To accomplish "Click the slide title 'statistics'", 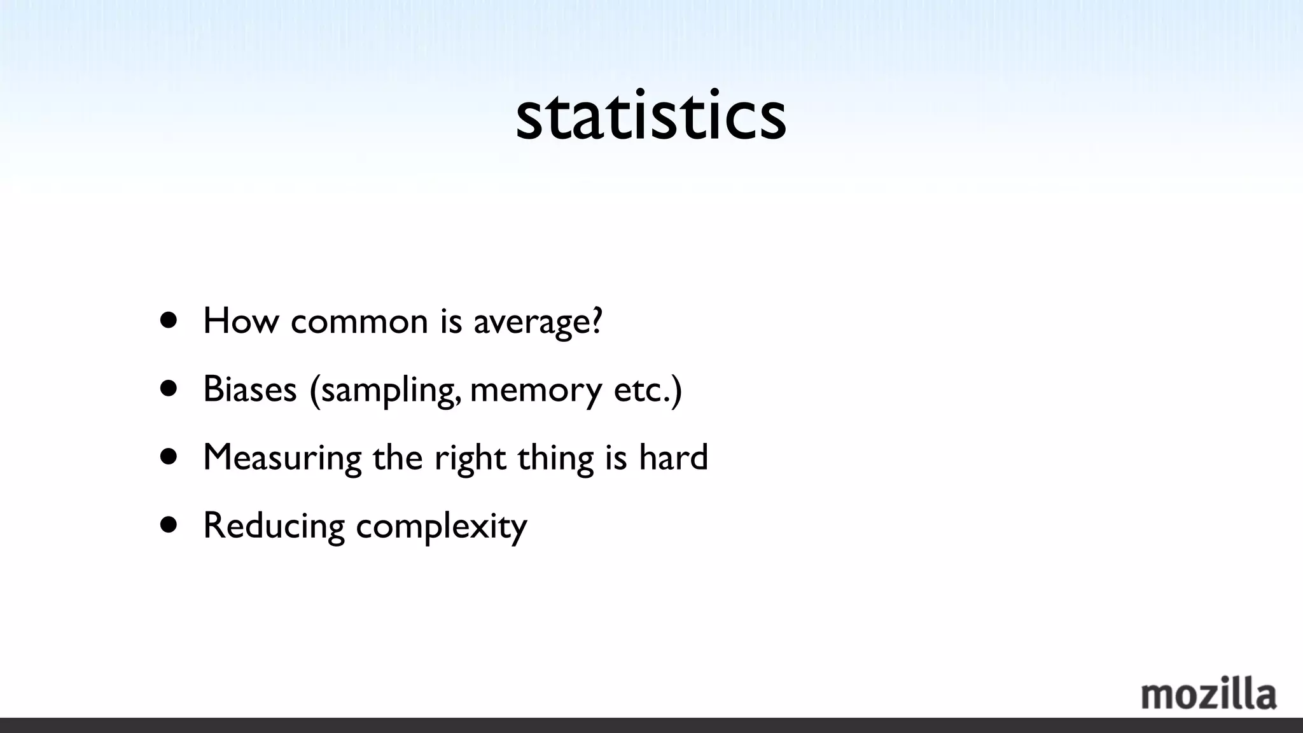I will (651, 116).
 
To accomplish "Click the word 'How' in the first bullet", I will (240, 321).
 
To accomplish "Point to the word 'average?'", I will (538, 322).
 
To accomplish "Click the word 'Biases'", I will (250, 389).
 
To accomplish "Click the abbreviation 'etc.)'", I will (648, 389).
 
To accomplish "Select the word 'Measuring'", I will (282, 457).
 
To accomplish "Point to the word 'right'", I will (470, 457).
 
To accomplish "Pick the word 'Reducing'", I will (274, 526).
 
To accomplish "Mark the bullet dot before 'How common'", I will (169, 320).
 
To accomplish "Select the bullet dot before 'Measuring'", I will (169, 456).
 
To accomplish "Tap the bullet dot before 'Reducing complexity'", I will (169, 525).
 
